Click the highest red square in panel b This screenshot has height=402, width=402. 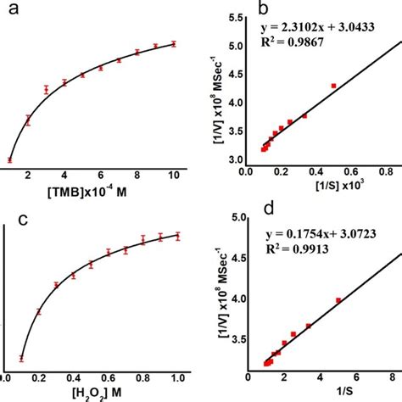pyautogui.click(x=333, y=86)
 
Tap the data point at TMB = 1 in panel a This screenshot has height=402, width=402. pyautogui.click(x=10, y=159)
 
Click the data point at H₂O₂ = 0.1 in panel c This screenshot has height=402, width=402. pyautogui.click(x=22, y=357)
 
